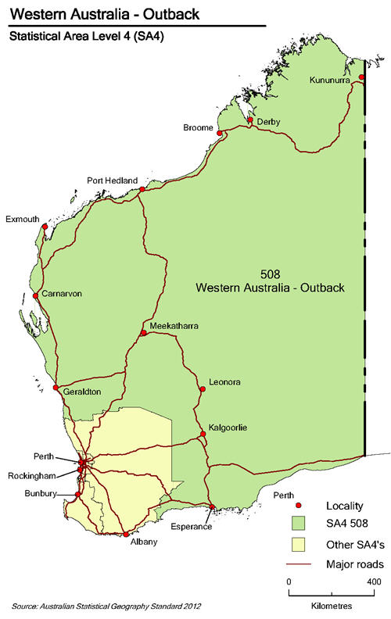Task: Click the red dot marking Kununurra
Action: coord(362,77)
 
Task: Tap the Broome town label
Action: coord(197,127)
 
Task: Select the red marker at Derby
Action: coord(250,120)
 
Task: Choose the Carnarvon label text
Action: coord(62,294)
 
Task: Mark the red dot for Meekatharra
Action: coord(144,334)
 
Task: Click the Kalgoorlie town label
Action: coord(228,428)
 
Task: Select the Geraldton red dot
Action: coord(56,388)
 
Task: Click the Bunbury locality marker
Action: coord(77,494)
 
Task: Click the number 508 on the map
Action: coord(269,273)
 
